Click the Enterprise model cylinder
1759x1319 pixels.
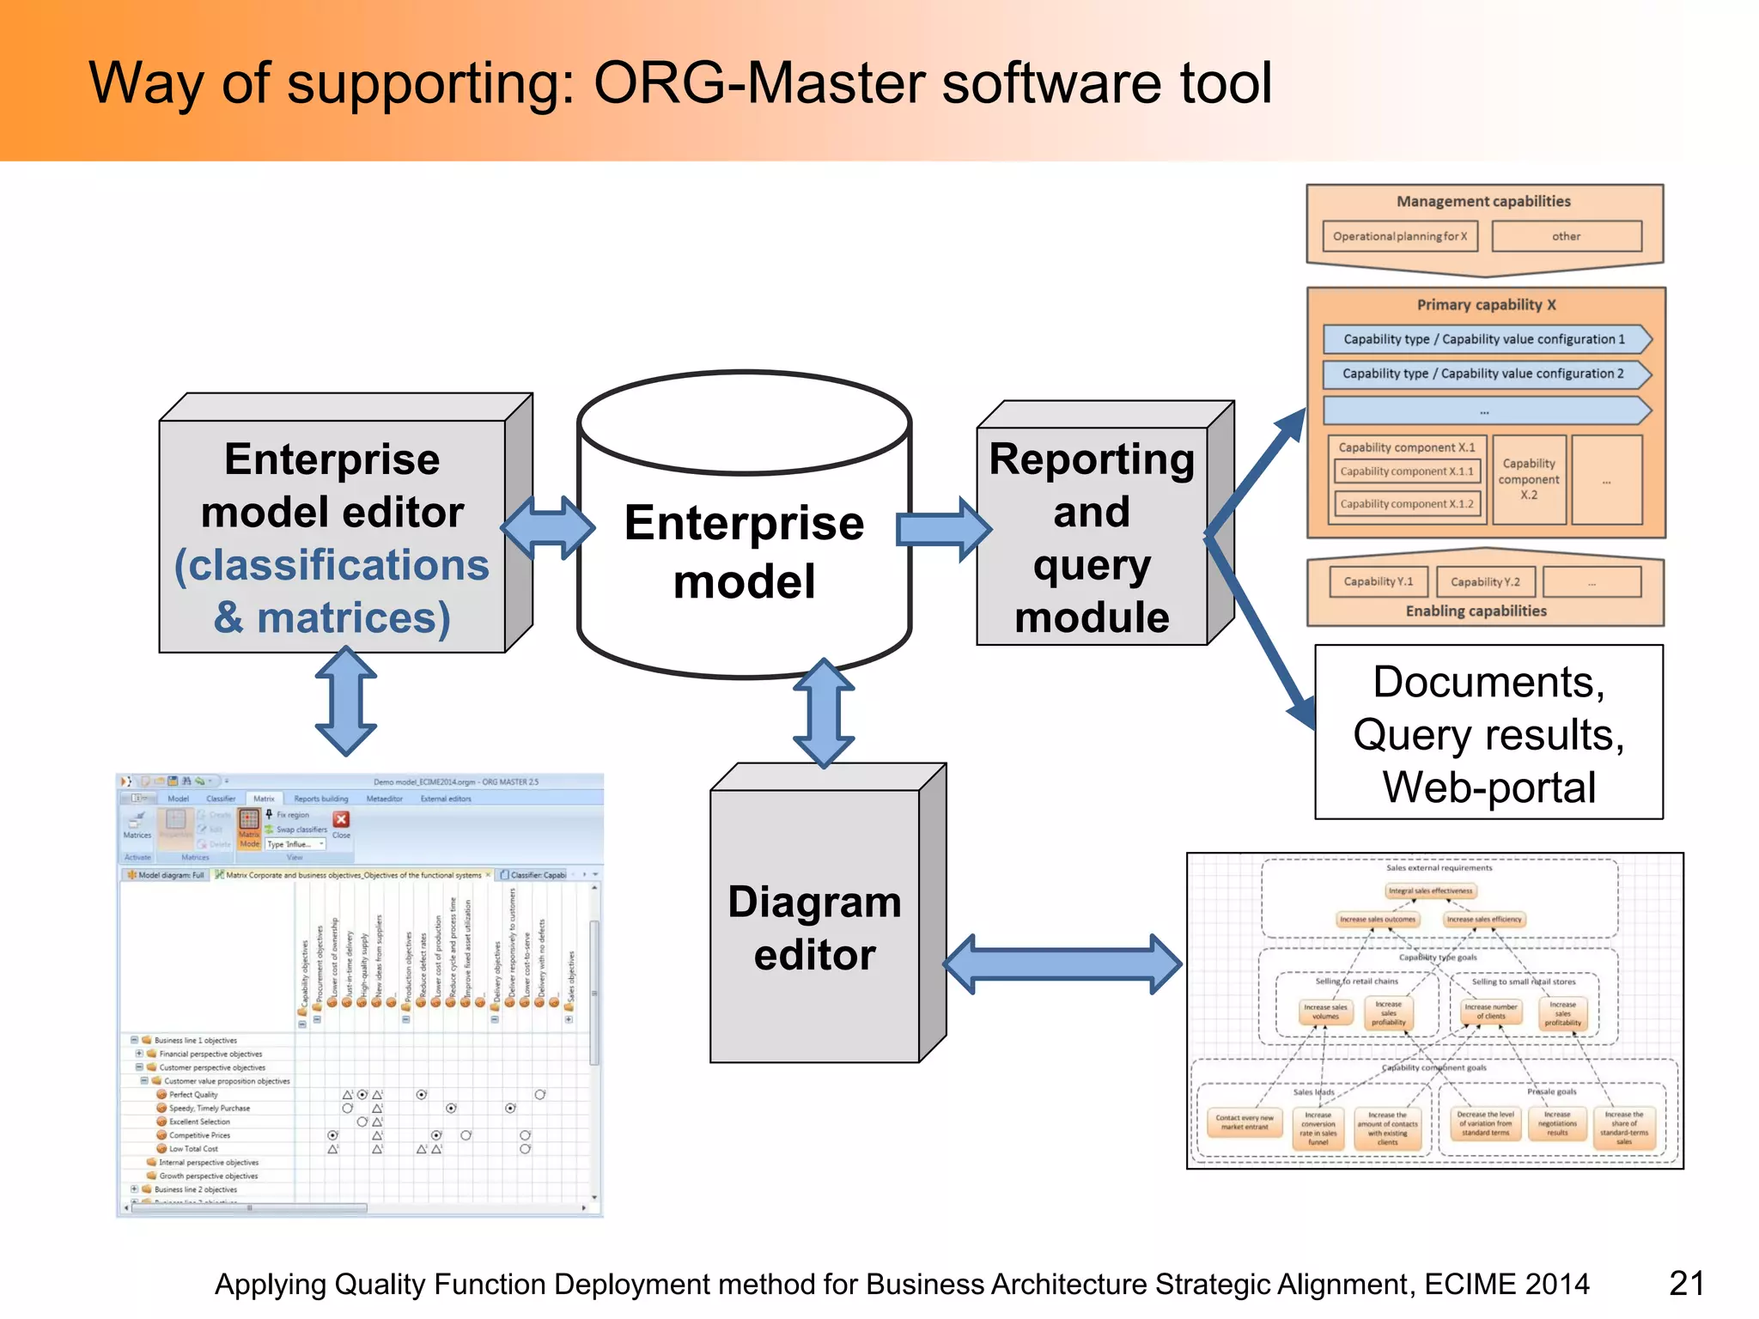[744, 550]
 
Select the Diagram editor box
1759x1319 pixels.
[814, 927]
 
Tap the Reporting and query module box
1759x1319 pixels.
[1092, 537]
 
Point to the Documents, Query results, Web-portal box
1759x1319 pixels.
[1488, 733]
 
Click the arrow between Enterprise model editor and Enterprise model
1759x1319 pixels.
[548, 528]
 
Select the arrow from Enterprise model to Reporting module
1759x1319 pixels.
[943, 529]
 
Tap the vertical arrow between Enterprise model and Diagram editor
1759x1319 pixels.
[824, 713]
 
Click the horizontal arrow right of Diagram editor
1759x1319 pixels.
[1063, 964]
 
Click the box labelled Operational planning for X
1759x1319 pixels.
[1399, 236]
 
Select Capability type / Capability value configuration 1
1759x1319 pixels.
[1483, 339]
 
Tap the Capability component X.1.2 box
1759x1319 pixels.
[1406, 504]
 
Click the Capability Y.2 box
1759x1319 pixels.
[1485, 581]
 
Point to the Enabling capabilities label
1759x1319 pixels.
[1476, 611]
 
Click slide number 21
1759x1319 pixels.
[1686, 1283]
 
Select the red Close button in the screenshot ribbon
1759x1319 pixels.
[341, 820]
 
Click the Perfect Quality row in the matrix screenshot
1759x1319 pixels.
[193, 1095]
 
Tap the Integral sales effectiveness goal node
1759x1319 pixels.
[1430, 890]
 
